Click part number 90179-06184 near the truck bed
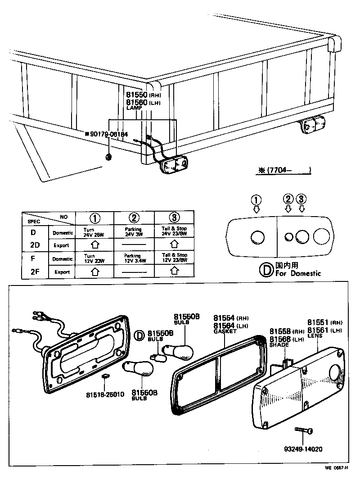click(108, 134)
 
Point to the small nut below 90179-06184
click(108, 156)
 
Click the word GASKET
click(225, 331)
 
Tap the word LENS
click(315, 335)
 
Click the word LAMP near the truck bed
click(134, 108)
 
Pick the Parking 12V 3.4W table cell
click(134, 258)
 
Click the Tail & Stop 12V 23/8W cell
click(174, 258)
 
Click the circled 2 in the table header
click(134, 218)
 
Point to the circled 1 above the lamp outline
click(256, 200)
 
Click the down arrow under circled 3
click(302, 208)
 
